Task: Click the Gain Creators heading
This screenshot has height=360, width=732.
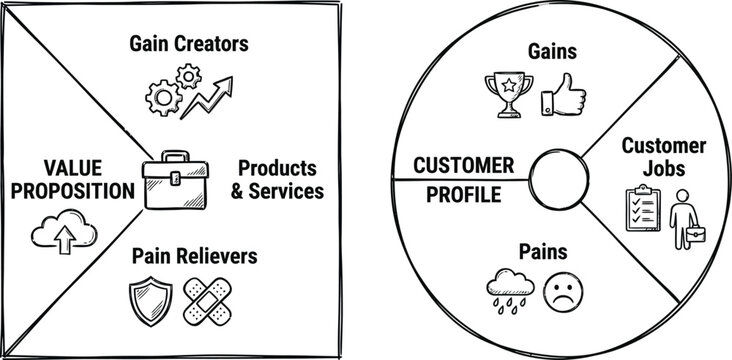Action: pos(188,44)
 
